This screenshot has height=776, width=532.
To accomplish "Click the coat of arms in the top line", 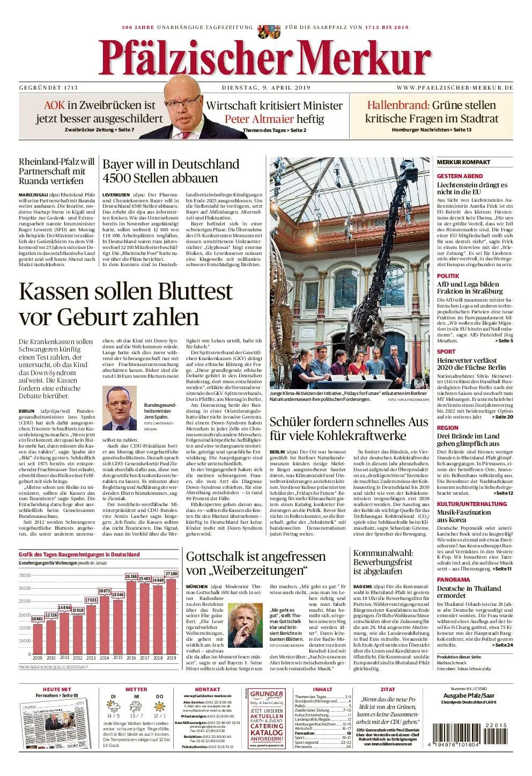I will pyautogui.click(x=262, y=31).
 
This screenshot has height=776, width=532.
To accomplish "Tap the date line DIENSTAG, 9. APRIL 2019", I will pyautogui.click(x=266, y=87).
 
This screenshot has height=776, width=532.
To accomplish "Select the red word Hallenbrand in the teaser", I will pyautogui.click(x=397, y=105).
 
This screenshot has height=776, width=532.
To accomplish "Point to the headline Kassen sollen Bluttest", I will pyautogui.click(x=125, y=292).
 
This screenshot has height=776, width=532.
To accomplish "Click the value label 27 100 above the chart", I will pyautogui.click(x=171, y=574).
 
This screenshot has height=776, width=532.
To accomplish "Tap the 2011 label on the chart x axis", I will pyautogui.click(x=64, y=657).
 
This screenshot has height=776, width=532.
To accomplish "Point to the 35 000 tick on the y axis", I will pyautogui.click(x=25, y=575).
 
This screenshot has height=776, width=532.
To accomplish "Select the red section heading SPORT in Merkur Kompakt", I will pyautogui.click(x=446, y=352).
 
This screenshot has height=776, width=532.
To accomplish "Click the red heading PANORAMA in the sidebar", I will pyautogui.click(x=453, y=580).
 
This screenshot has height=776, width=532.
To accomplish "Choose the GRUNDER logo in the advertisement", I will pyautogui.click(x=267, y=694).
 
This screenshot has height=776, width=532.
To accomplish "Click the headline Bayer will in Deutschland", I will pyautogui.click(x=171, y=164).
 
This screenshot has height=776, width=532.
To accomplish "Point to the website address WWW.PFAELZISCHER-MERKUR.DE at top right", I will pyautogui.click(x=455, y=87).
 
